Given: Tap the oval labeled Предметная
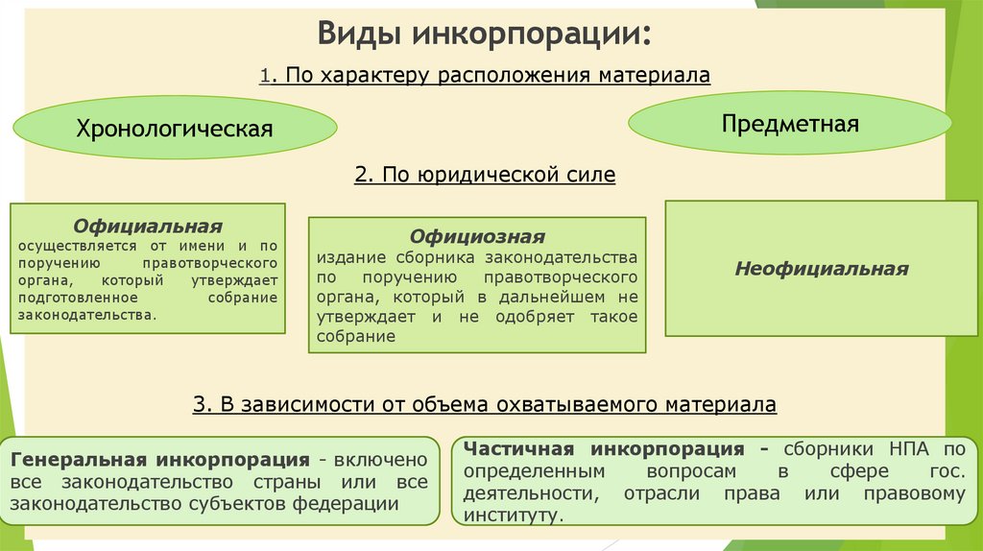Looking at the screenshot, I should click(x=789, y=124).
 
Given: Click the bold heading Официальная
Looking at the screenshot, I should click(x=148, y=227).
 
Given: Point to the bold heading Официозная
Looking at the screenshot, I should click(x=477, y=237).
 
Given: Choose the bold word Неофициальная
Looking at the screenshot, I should click(x=821, y=269).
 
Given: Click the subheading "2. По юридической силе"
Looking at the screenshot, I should click(x=484, y=176).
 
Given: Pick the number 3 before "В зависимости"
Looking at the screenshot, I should click(x=200, y=405).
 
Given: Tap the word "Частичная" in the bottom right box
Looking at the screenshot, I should click(x=518, y=449).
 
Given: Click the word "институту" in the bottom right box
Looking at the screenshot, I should click(x=509, y=515).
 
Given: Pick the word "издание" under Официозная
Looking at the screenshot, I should click(x=346, y=259).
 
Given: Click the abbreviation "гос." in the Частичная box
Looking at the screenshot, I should click(x=944, y=472).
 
